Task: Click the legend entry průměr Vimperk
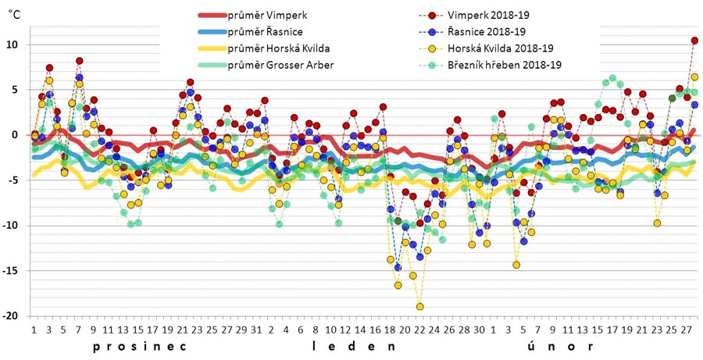tap(262, 16)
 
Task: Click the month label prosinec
tap(141, 346)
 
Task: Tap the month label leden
tap(350, 346)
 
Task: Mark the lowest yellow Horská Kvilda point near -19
tap(419, 306)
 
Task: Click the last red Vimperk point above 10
tap(694, 41)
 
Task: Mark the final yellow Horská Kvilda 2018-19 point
tap(694, 77)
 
